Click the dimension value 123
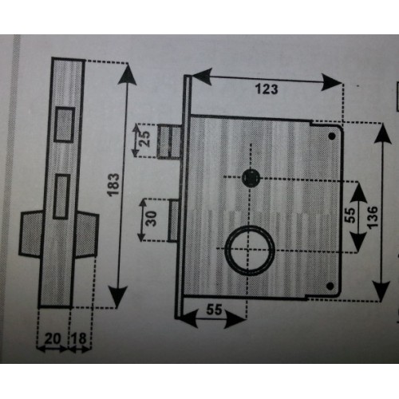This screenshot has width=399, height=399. [x=267, y=89]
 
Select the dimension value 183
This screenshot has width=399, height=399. [x=114, y=184]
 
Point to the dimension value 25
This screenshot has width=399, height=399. [x=145, y=139]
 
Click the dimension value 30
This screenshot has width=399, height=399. [x=152, y=219]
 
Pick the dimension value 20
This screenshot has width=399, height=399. [x=53, y=338]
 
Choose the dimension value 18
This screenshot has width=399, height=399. [x=79, y=338]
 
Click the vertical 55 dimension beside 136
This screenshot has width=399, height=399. [x=350, y=215]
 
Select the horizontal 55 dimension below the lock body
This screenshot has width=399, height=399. [x=214, y=310]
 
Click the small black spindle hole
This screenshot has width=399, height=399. [x=251, y=178]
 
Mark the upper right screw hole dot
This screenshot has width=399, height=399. [x=332, y=136]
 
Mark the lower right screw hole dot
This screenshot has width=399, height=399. [x=330, y=286]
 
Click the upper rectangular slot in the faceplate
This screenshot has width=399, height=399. [x=64, y=124]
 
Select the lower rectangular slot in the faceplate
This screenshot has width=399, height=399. [x=61, y=196]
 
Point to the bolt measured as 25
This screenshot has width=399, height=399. [x=169, y=141]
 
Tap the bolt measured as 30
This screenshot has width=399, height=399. [x=173, y=220]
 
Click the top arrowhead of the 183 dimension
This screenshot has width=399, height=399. [x=128, y=74]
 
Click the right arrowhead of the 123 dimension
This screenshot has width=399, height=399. [x=332, y=82]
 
